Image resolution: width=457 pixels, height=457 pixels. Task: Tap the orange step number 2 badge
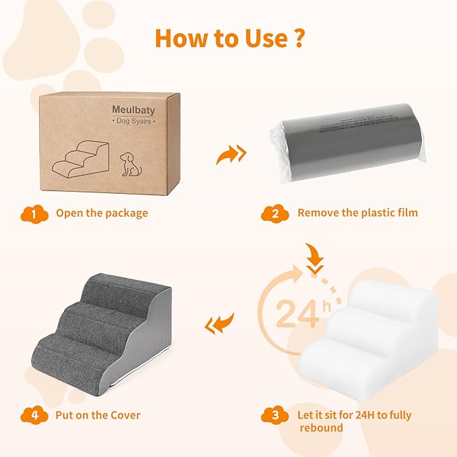pos(274,213)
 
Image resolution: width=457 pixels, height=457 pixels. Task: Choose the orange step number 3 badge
pos(274,415)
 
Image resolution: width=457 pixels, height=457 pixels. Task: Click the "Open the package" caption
pos(102,213)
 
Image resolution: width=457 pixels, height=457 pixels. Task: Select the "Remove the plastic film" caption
pos(357,213)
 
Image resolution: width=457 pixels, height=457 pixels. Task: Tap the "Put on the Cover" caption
pos(98,415)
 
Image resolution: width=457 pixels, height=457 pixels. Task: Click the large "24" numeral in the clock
pos(297,313)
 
